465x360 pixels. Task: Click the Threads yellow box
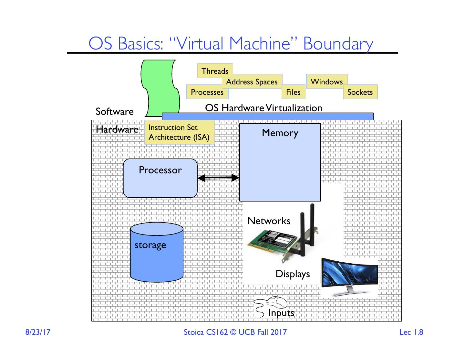pos(215,71)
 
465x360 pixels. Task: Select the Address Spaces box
pos(252,82)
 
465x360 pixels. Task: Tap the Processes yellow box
pos(207,92)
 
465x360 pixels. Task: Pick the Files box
pos(293,92)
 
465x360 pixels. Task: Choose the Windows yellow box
pos(326,82)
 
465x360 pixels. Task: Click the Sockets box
pos(360,92)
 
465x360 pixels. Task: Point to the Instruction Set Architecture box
pos(179,132)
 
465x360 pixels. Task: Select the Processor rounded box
pos(160,178)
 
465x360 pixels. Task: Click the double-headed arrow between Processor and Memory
pos(218,178)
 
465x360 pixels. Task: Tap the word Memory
pos(280,133)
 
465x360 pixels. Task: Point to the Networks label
pos(269,221)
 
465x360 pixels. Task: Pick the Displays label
pos(293,274)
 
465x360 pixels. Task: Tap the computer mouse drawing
pos(277,302)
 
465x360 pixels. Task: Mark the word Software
pos(115,112)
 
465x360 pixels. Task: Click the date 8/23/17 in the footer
pos(38,332)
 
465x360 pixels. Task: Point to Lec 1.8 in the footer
pos(411,332)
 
